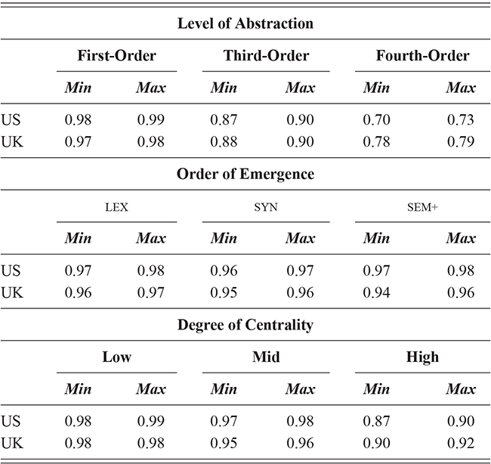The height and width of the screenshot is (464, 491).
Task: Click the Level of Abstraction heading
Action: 246,23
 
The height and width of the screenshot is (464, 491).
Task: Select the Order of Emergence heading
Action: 246,174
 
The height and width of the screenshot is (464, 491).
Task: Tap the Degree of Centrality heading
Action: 246,326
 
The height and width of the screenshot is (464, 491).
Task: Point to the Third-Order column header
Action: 265,55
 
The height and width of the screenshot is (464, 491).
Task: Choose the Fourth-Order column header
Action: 422,55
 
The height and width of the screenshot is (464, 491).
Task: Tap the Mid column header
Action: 265,357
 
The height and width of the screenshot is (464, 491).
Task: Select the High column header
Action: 422,357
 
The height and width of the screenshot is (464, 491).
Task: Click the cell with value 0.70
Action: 376,119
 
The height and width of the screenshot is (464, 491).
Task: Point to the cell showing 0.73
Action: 460,119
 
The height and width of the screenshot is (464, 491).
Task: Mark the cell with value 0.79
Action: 460,141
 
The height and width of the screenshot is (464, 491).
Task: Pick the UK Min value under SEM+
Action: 376,292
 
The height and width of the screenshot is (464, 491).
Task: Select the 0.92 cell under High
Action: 460,444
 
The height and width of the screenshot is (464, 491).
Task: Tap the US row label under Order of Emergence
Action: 11,271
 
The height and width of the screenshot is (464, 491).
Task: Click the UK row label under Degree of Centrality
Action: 11,444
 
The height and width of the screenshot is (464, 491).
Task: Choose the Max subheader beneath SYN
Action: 300,239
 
